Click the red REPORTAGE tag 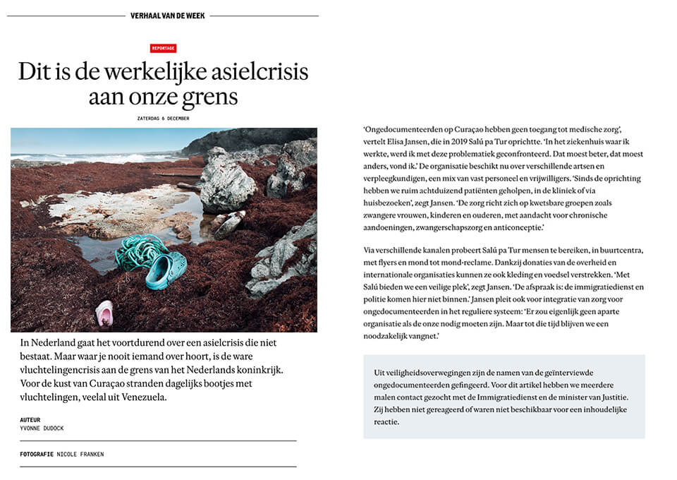tap(163, 49)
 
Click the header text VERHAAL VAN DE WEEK tap(168, 16)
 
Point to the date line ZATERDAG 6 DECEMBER tap(164, 118)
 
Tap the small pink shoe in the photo tap(104, 313)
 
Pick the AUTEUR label tap(30, 420)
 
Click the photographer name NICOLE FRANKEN tap(80, 454)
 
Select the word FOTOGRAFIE tap(37, 454)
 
